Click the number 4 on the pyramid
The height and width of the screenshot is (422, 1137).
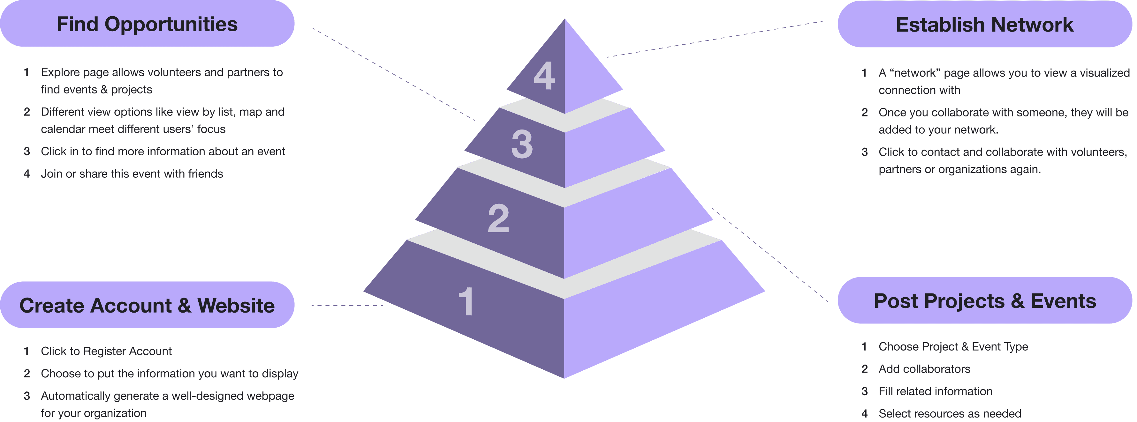point(544,76)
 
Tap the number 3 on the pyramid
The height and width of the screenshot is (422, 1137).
point(522,144)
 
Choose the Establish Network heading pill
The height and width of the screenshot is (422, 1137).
point(984,24)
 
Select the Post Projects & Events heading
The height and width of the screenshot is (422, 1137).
point(985,301)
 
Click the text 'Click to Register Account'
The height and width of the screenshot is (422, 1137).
point(106,351)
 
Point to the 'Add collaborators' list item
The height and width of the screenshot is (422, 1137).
point(924,369)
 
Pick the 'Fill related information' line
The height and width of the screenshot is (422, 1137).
point(935,391)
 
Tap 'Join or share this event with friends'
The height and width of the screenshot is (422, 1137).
point(132,174)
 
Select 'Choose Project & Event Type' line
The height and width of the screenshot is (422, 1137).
point(953,347)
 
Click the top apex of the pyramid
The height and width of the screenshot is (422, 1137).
point(565,21)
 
